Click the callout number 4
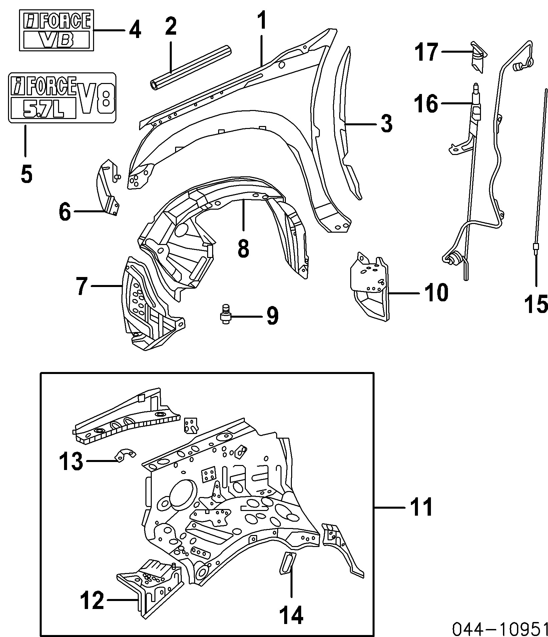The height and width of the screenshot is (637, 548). [135, 31]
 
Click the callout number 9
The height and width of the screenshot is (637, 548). [272, 316]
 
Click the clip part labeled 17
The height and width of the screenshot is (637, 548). [479, 57]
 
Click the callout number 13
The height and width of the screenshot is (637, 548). [71, 461]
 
